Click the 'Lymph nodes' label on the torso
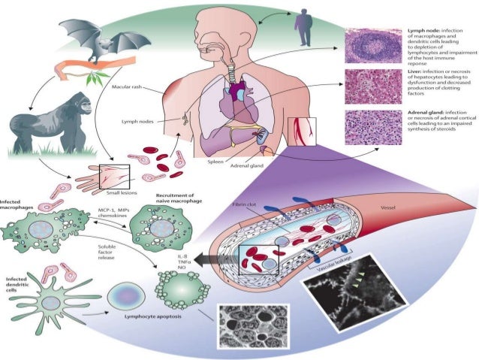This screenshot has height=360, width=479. pos(139,121)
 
